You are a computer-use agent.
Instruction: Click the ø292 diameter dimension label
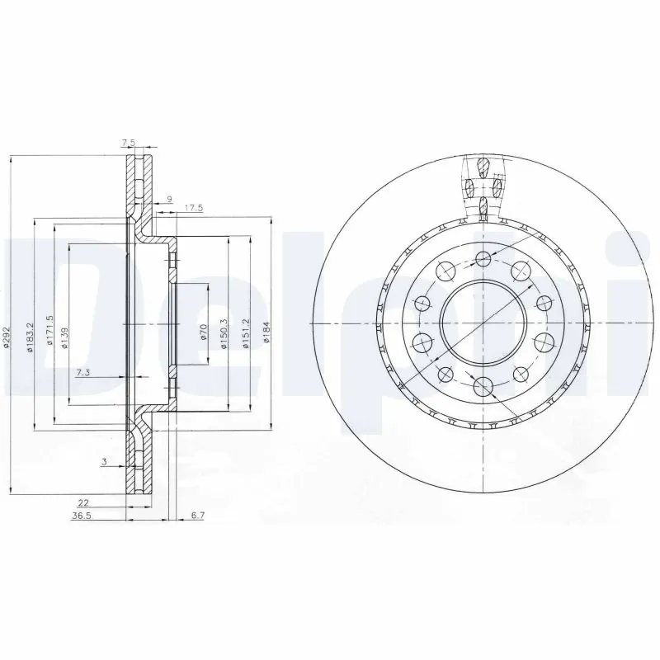click(x=7, y=336)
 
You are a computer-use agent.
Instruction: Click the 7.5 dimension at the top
click(x=129, y=143)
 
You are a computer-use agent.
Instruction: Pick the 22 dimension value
click(x=83, y=502)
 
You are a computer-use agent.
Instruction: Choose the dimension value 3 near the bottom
click(x=104, y=463)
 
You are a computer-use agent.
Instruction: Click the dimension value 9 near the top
click(x=169, y=198)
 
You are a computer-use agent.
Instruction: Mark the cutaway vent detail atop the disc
click(x=482, y=186)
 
